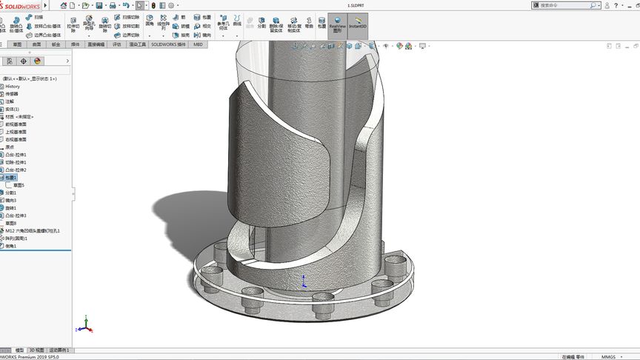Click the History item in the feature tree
click(13, 87)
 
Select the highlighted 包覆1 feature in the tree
click(11, 178)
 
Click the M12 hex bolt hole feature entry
click(33, 230)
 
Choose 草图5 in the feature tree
click(19, 185)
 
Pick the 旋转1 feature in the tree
click(11, 208)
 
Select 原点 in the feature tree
click(10, 147)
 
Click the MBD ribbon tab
click(198, 44)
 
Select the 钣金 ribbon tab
click(56, 44)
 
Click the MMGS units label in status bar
click(608, 356)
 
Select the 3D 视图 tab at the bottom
click(36, 350)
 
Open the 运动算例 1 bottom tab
click(59, 350)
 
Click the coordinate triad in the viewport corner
click(85, 324)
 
